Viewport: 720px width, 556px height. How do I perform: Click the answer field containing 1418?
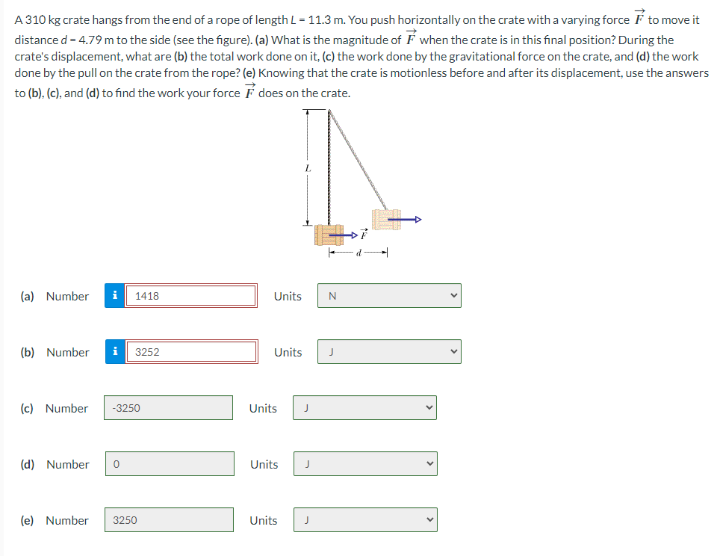[192, 296]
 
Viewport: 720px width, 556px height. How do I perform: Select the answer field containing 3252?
[192, 352]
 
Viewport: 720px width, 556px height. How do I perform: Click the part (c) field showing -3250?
[168, 408]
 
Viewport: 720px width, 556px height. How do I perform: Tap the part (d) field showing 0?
[170, 464]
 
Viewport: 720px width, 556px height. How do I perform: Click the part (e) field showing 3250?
[170, 520]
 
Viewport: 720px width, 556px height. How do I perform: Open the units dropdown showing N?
[388, 296]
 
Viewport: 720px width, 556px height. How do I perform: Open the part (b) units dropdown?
[388, 352]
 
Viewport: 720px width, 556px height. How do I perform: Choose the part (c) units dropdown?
[364, 408]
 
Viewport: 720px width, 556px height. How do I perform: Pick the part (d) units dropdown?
[364, 464]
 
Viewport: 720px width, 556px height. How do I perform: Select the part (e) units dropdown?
[364, 520]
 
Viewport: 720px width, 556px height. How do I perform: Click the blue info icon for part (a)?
[115, 296]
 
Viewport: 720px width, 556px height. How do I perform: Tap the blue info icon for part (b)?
[115, 352]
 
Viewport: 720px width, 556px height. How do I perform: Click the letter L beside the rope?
[308, 170]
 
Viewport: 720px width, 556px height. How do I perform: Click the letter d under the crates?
[360, 254]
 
